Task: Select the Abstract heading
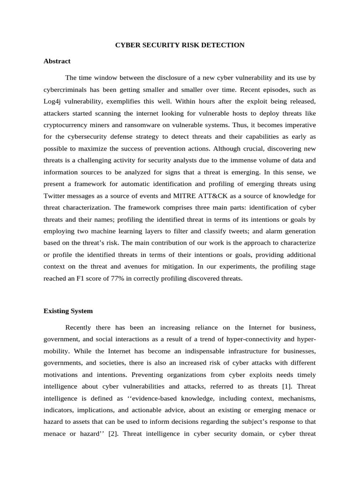click(x=57, y=61)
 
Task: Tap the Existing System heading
click(x=68, y=311)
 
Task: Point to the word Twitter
click(x=55, y=195)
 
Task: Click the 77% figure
click(x=119, y=278)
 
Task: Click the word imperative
click(x=300, y=125)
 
